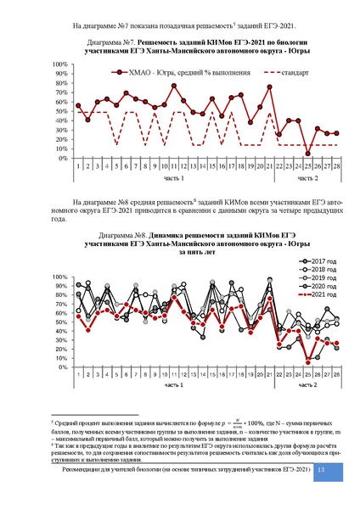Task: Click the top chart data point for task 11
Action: (173, 86)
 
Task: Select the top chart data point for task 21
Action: (270, 87)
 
